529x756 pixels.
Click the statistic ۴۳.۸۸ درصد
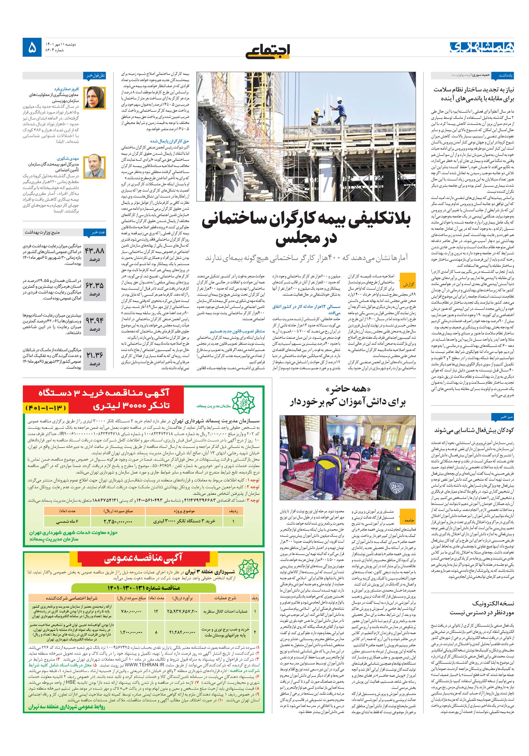(95, 254)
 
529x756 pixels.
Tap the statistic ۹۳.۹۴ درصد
(95, 324)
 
